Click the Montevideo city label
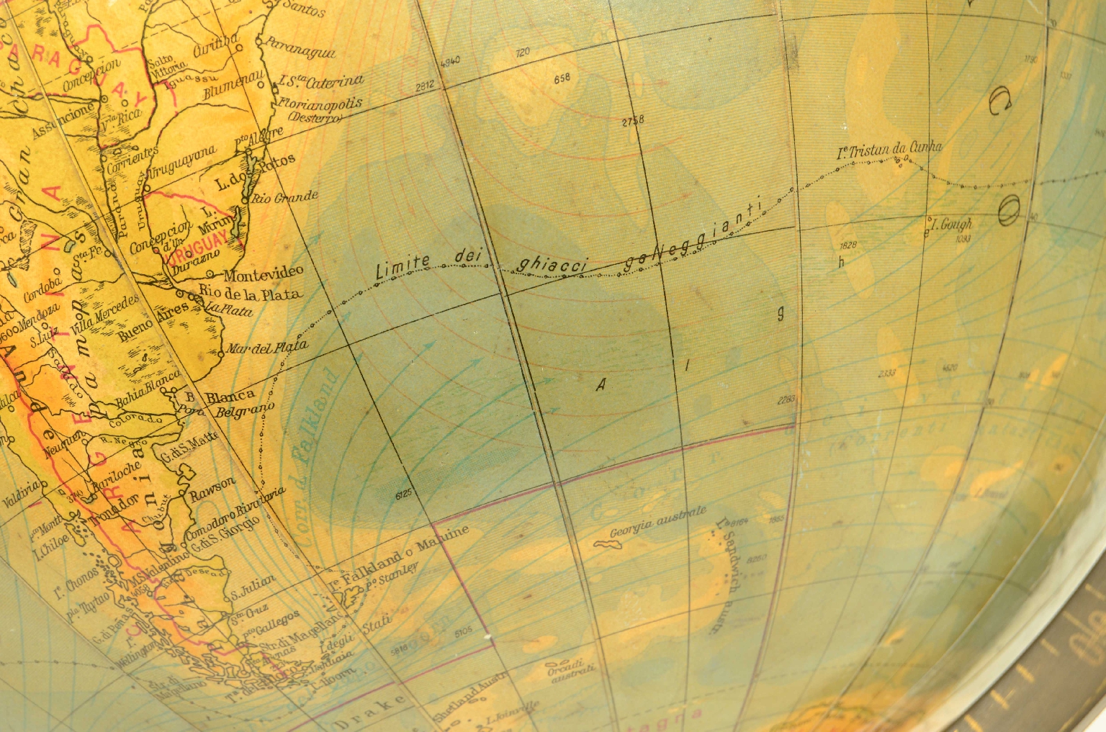[263, 273]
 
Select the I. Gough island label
[950, 225]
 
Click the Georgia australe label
[658, 522]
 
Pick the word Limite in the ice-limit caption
[403, 267]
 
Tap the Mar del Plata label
[267, 348]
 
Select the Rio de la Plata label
[250, 292]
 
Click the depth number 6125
[404, 494]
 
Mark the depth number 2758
[633, 121]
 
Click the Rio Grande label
[285, 196]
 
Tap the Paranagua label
[301, 48]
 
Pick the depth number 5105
[464, 631]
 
